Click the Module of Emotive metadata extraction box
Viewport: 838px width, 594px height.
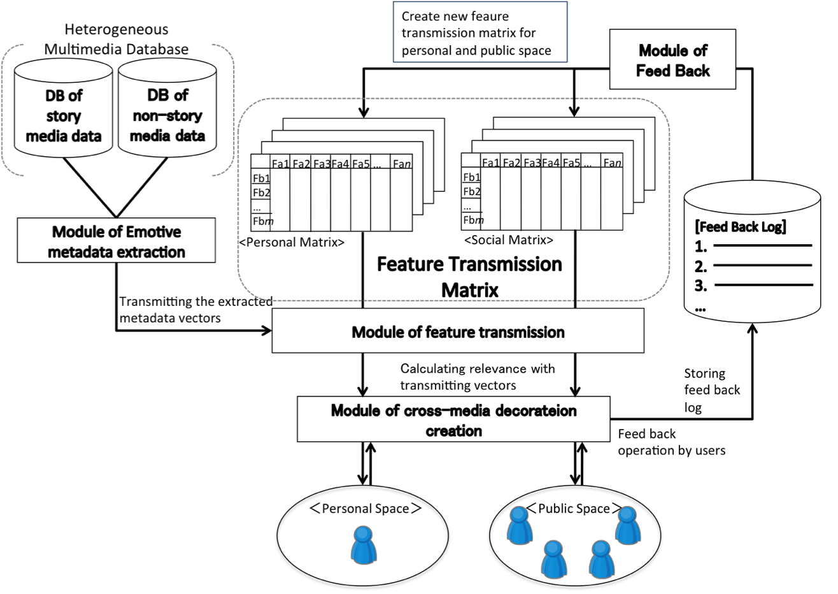(117, 241)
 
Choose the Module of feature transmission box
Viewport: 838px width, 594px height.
(458, 331)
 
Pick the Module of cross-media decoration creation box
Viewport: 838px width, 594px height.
(453, 420)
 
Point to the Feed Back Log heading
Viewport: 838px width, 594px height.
(741, 227)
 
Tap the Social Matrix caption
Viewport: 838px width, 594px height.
(509, 240)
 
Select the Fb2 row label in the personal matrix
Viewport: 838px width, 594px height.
(261, 192)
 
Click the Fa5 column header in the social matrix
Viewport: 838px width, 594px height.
(571, 163)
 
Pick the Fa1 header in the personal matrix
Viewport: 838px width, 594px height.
(281, 164)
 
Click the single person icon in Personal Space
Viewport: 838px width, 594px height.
(363, 544)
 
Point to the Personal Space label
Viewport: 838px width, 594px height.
(365, 509)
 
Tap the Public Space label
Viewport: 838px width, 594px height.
(574, 509)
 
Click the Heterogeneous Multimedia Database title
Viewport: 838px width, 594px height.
(117, 39)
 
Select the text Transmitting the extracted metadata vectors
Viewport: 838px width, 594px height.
(195, 309)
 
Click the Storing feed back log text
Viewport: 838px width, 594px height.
(712, 390)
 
